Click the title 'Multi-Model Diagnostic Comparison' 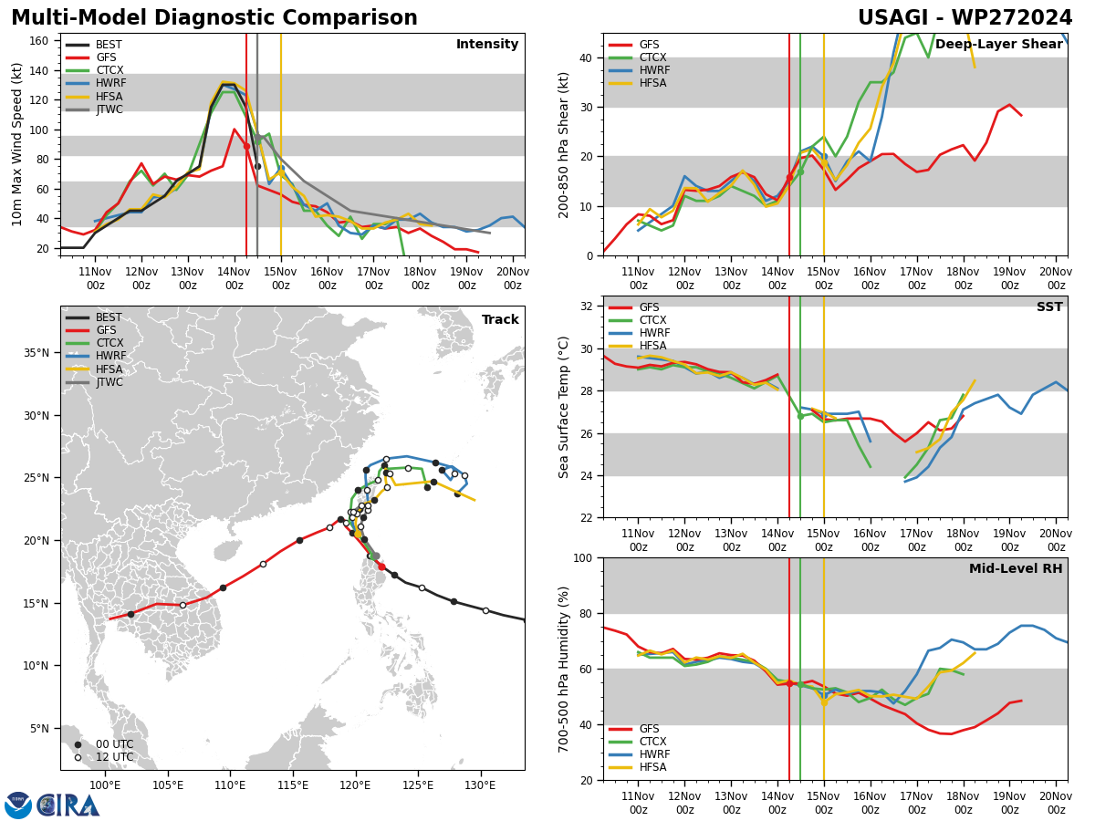point(214,18)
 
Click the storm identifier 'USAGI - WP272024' point(965,18)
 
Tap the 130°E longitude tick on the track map point(481,785)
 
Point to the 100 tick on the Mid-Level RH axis point(584,557)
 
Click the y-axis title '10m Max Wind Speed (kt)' point(17,144)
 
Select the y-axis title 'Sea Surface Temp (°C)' point(564,407)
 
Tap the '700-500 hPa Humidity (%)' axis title point(564,669)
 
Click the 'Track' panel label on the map point(500,320)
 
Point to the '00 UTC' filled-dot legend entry point(109,744)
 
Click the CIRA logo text point(69,805)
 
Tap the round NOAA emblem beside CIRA point(18,805)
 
